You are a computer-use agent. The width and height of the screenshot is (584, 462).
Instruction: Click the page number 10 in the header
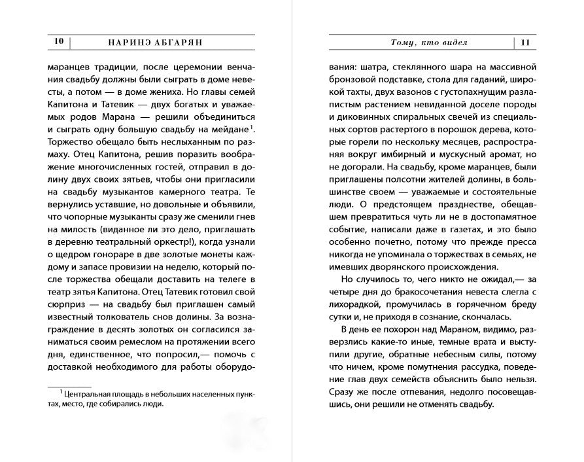point(58,42)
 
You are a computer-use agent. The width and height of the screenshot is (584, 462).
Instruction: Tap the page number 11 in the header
point(528,43)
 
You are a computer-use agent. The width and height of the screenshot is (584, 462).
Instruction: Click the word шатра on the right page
point(374,67)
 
